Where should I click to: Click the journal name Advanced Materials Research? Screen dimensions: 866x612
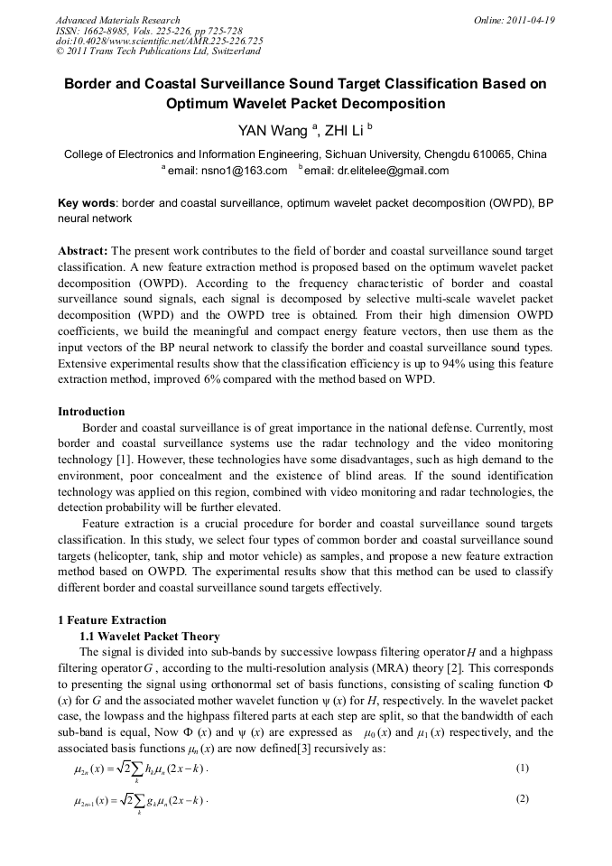pos(117,20)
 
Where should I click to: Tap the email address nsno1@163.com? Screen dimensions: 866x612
pos(247,171)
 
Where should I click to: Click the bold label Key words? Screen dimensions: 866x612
pos(87,203)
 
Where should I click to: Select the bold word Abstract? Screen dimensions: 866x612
pos(83,249)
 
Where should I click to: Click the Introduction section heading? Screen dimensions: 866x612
pos(91,412)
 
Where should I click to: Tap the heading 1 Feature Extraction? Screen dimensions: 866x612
pos(112,619)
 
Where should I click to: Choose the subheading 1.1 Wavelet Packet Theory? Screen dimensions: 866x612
pos(150,636)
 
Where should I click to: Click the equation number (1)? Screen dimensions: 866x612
pos(521,768)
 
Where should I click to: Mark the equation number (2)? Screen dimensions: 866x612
pos(521,799)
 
